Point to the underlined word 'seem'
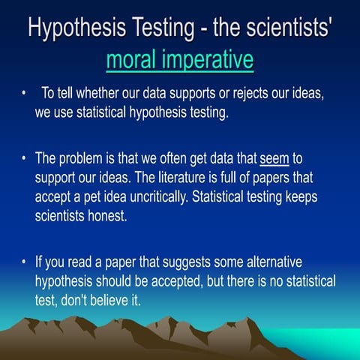coord(274,160)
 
